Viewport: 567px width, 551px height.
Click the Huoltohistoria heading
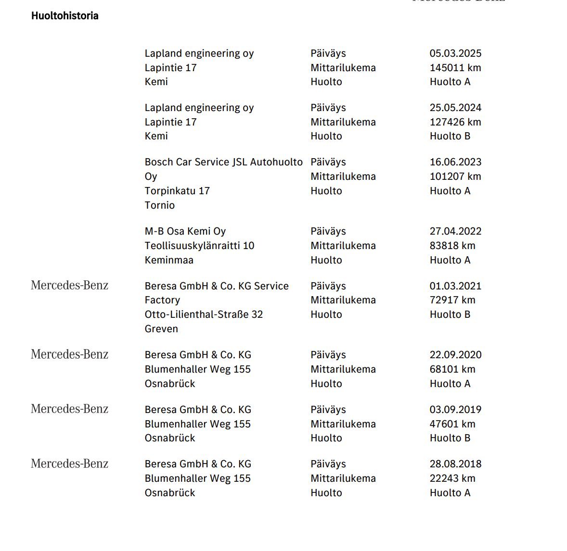point(65,16)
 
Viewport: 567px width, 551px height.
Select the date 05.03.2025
point(455,53)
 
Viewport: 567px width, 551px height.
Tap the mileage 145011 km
point(455,68)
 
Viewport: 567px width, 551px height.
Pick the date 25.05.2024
point(455,108)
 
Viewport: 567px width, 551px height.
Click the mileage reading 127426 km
point(455,122)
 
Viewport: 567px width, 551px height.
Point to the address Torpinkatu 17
point(177,191)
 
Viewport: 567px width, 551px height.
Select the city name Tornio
point(160,205)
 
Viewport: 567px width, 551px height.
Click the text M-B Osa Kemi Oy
point(185,231)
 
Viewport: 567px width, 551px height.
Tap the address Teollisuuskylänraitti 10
point(199,246)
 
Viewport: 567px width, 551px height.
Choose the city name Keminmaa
point(169,260)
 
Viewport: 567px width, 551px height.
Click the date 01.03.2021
point(455,286)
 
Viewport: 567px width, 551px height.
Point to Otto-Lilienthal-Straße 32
point(204,314)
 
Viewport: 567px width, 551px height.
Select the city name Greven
point(161,329)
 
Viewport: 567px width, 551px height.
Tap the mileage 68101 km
point(452,369)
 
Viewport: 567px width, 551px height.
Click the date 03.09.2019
point(455,410)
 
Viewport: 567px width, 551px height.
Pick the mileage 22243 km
point(452,478)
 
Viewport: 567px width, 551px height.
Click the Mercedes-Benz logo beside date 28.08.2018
point(70,464)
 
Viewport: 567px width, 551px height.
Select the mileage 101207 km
point(455,176)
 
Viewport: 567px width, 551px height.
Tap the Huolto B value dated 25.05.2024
point(450,136)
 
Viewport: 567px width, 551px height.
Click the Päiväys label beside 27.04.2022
point(328,231)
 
